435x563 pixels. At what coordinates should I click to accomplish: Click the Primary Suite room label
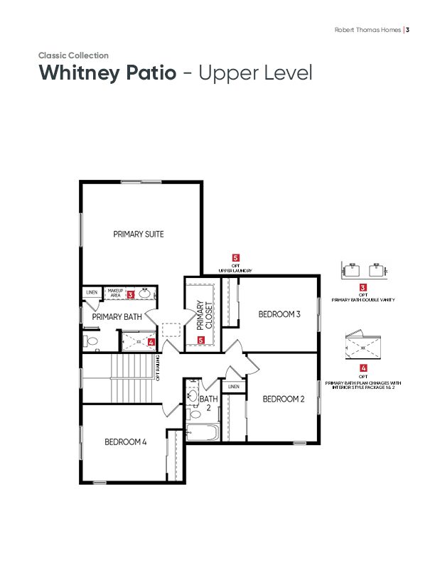[139, 234]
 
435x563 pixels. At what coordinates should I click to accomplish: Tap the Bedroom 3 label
[279, 314]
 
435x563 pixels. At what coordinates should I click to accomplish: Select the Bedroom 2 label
[284, 399]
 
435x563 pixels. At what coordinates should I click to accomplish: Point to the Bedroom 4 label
[126, 441]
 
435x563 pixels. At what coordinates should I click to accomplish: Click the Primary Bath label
[117, 317]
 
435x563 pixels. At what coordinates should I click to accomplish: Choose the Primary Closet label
[205, 315]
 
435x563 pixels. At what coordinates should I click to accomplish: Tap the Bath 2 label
[208, 403]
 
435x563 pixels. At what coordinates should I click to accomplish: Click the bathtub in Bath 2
[203, 432]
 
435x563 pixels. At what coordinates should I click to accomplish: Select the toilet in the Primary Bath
[90, 341]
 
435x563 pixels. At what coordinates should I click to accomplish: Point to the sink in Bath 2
[193, 396]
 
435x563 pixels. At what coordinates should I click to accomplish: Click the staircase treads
[131, 378]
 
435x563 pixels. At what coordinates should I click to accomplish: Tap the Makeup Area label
[116, 293]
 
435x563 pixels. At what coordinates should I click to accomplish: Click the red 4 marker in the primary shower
[151, 342]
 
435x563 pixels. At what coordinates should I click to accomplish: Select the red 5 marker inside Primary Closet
[201, 340]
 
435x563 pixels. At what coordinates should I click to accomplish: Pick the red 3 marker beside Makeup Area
[131, 295]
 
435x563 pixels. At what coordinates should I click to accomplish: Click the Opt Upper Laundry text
[235, 268]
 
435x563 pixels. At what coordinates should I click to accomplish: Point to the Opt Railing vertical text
[158, 368]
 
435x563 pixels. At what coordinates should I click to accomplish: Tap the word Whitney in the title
[78, 73]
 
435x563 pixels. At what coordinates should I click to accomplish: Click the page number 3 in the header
[408, 30]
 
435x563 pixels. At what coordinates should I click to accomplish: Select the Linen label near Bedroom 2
[234, 387]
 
